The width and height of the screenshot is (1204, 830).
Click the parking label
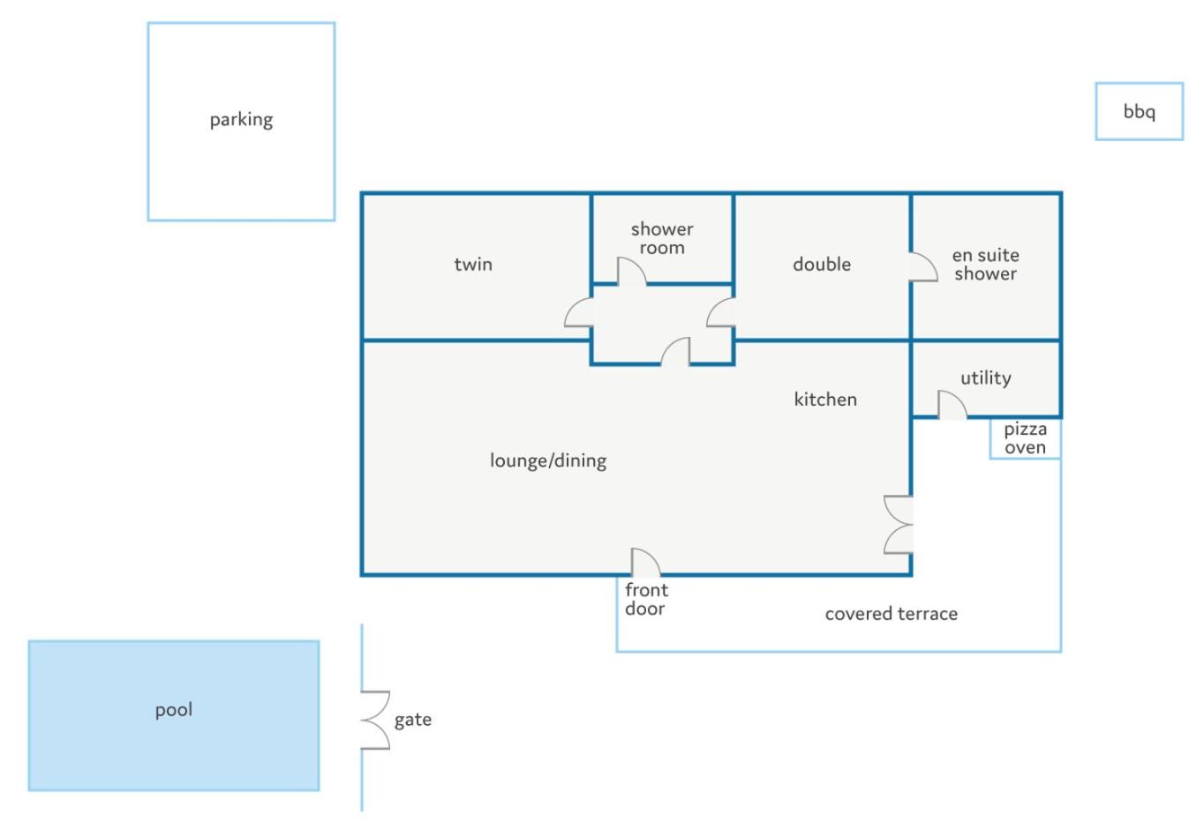pos(241,120)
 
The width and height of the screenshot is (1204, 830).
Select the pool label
pos(174,710)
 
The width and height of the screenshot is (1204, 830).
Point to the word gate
pos(413,720)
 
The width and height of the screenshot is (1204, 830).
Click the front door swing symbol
pos(645,562)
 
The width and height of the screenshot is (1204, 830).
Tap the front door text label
pos(646,599)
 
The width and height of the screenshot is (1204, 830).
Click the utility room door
pos(952,405)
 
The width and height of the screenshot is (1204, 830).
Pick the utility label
pos(986,378)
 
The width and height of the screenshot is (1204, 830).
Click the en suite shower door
pos(923,266)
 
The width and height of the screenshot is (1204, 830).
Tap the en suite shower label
pos(986,265)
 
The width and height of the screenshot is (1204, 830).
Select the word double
pos(822,264)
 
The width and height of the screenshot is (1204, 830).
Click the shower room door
pos(631,272)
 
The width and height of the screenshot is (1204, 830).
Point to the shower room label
pos(662,238)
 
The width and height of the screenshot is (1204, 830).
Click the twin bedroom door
pos(578,312)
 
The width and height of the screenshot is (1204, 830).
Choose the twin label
pos(473,265)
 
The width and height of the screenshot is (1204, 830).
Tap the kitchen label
pos(825,400)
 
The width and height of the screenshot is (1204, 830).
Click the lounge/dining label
pos(548,460)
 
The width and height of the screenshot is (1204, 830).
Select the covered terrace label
pos(892,614)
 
